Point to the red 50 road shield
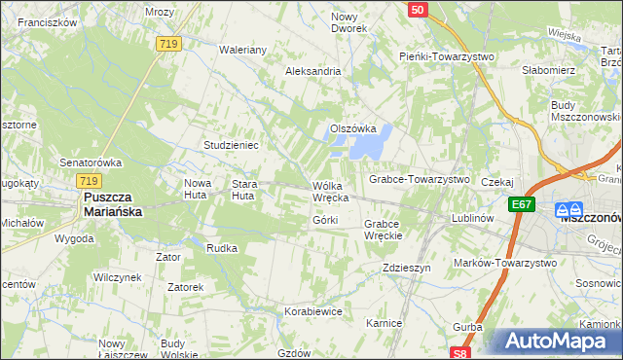pyautogui.click(x=417, y=10)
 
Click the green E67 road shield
pyautogui.click(x=521, y=204)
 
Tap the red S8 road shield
pyautogui.click(x=461, y=352)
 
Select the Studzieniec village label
pyautogui.click(x=230, y=145)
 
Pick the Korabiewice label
pyautogui.click(x=312, y=311)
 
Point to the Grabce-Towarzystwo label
pyautogui.click(x=419, y=180)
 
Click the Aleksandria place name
pyautogui.click(x=312, y=71)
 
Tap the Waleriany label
pyautogui.click(x=243, y=49)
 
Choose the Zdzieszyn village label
pyautogui.click(x=407, y=268)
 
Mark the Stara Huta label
pyautogui.click(x=243, y=189)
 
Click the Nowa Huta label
pyautogui.click(x=198, y=189)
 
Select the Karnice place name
pyautogui.click(x=384, y=321)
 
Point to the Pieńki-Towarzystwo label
pyautogui.click(x=447, y=56)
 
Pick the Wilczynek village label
pyautogui.click(x=118, y=277)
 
